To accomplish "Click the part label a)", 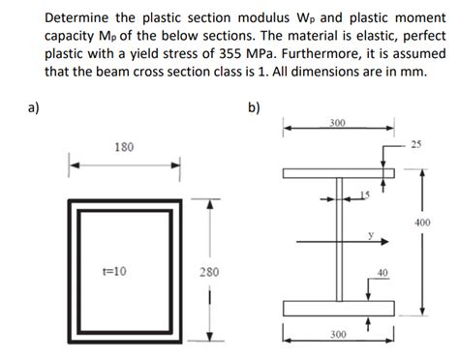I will pos(15,108).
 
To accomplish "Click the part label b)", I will pos(254,108).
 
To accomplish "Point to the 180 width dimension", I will pos(123,147).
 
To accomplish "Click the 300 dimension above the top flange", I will pos(338,123).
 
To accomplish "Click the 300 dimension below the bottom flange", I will pos(338,334).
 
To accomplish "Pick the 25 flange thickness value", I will pos(417,145).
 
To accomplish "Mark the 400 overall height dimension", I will pos(423,222).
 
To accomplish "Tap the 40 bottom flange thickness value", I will pos(383,272).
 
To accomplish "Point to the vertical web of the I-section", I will pos(339,242).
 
